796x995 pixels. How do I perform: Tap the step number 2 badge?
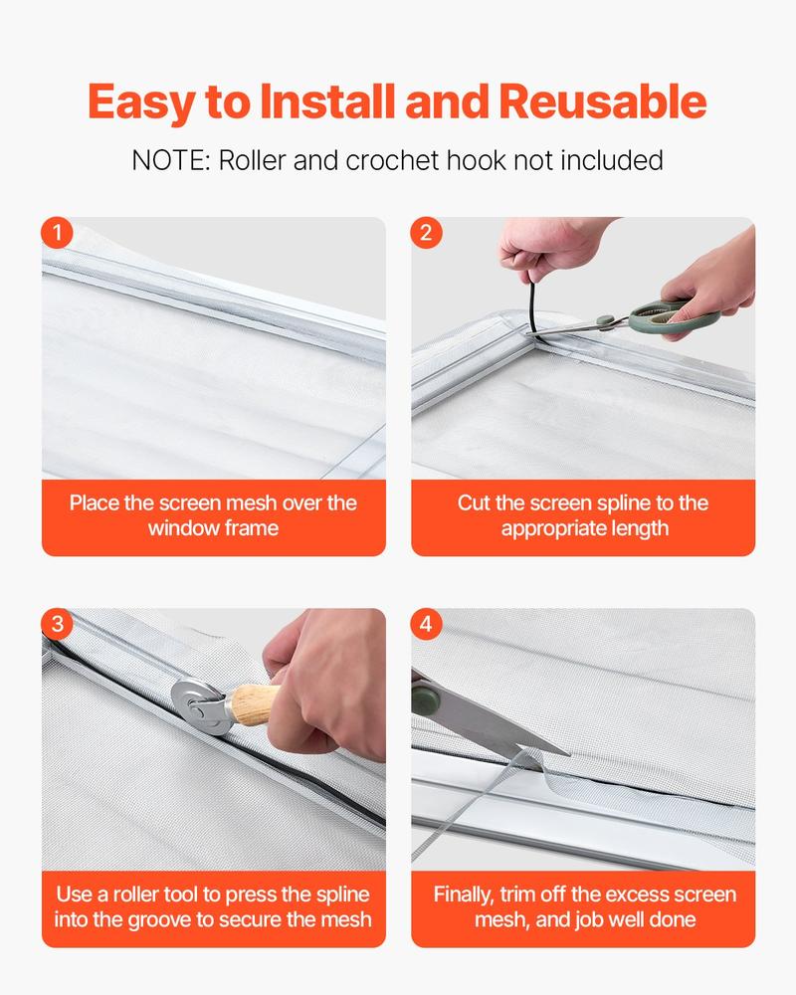(x=426, y=234)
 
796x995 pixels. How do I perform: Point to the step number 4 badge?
(x=426, y=625)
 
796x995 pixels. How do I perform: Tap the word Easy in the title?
(x=147, y=102)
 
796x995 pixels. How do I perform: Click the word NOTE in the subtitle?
(x=170, y=160)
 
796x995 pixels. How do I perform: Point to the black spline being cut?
(x=531, y=298)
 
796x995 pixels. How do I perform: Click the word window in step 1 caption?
(x=178, y=527)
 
